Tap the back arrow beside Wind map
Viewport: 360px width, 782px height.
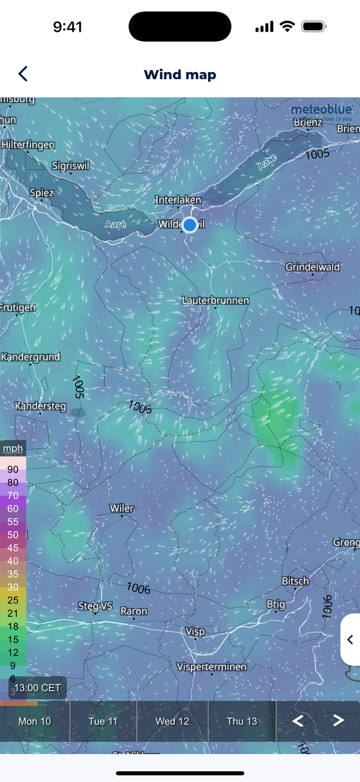click(x=23, y=74)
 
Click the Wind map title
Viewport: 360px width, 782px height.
click(x=180, y=75)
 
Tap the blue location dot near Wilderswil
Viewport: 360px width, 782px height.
click(x=190, y=225)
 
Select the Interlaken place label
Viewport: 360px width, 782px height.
click(x=178, y=200)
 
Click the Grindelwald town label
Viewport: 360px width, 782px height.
click(x=313, y=267)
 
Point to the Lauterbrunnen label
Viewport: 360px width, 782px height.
click(x=215, y=300)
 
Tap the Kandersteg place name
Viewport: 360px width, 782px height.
click(x=40, y=406)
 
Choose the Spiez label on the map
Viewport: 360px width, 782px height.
click(x=42, y=193)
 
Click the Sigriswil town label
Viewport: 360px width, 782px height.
click(x=70, y=166)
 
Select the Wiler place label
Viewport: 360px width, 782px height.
click(x=122, y=508)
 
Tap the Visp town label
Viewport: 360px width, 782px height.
click(x=195, y=631)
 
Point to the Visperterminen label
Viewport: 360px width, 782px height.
click(x=212, y=667)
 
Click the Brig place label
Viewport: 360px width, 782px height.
click(x=276, y=604)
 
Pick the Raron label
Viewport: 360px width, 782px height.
click(x=134, y=612)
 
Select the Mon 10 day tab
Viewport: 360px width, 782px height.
click(x=35, y=721)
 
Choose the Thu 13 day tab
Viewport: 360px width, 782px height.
click(x=242, y=721)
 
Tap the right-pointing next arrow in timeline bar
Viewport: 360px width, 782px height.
click(x=338, y=720)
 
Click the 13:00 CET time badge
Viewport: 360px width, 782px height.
click(x=37, y=687)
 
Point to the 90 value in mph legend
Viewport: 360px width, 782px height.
click(x=13, y=470)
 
